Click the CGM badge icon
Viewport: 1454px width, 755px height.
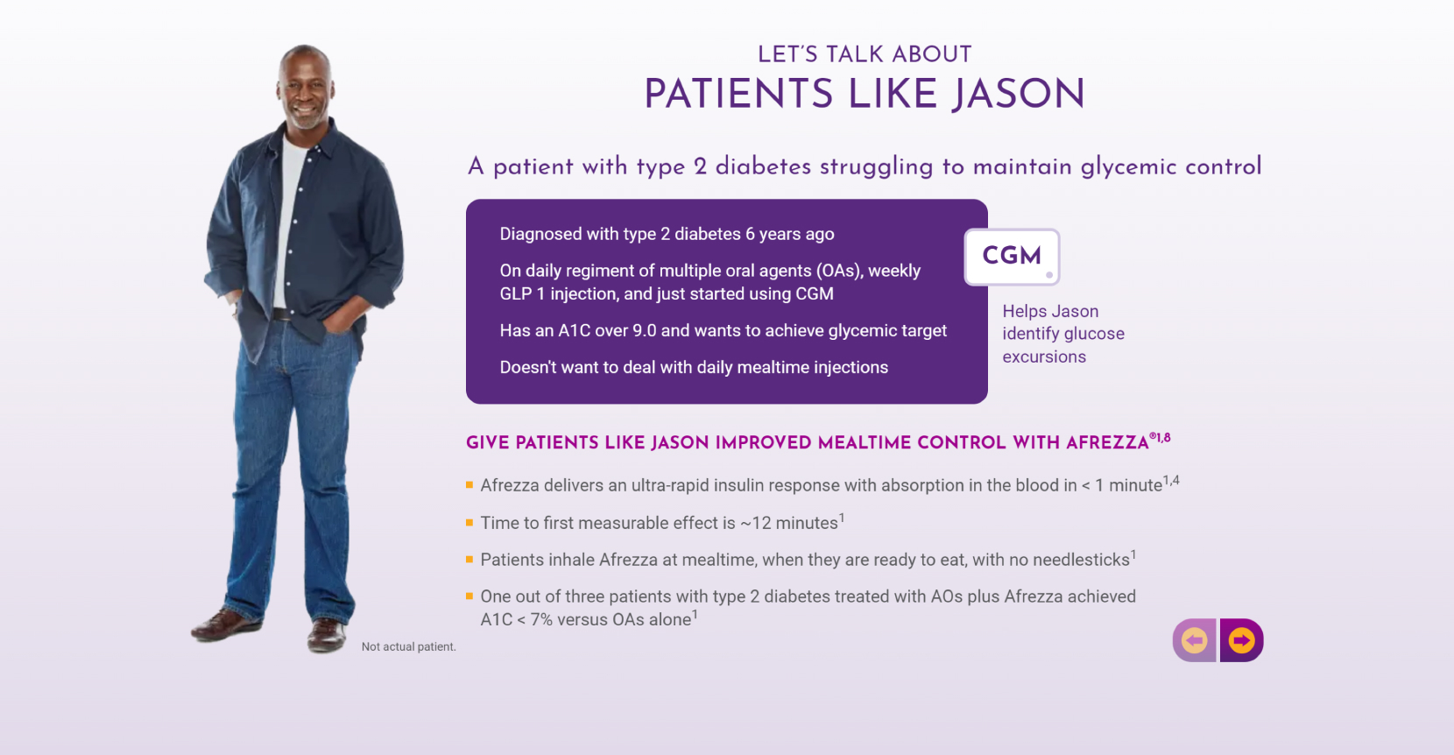1012,257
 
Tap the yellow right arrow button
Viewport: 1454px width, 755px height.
1241,640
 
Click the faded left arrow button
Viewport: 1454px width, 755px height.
1195,640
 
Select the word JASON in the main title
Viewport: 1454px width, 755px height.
1019,94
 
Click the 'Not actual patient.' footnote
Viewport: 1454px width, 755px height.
408,646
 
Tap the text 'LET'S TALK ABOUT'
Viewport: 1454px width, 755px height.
865,54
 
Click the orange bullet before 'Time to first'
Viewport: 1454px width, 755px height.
469,522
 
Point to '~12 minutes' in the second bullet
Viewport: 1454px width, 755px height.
789,523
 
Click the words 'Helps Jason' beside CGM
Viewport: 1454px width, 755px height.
1050,311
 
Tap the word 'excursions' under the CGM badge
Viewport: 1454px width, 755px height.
1044,356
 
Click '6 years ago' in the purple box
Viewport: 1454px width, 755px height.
789,234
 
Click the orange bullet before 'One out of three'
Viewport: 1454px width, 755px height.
469,596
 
